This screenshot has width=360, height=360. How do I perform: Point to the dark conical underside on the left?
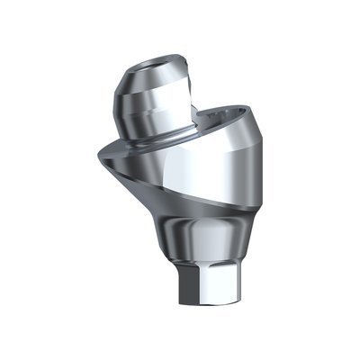[126, 175]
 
